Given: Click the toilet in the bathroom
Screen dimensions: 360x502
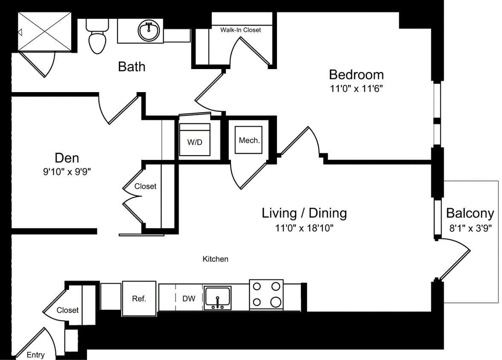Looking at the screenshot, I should (x=97, y=38).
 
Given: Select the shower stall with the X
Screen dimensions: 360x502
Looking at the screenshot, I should (x=45, y=32).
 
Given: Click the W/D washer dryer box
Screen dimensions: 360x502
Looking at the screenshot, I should (x=195, y=140).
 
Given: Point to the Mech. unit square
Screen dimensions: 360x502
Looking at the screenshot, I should (x=249, y=140).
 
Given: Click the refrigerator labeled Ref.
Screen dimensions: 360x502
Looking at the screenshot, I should (x=139, y=299).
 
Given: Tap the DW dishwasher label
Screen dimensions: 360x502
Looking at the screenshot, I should (x=189, y=299).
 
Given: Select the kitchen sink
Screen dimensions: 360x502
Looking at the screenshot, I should (x=217, y=297).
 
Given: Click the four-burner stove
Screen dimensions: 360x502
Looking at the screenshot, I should (x=266, y=295).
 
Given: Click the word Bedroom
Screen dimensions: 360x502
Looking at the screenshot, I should (x=356, y=75).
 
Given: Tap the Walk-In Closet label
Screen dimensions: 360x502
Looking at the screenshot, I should (x=240, y=30).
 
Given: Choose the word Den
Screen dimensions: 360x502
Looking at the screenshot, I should (x=67, y=158).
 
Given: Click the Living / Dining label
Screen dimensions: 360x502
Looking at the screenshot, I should (x=304, y=213).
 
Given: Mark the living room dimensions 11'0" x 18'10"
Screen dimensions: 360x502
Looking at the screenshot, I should (x=304, y=228).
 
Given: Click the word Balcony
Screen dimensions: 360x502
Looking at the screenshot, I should (x=470, y=213).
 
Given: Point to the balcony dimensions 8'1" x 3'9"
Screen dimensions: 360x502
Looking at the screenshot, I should (x=470, y=228).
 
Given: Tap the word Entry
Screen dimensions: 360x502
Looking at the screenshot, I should (x=35, y=355).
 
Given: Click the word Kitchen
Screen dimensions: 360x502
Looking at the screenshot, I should (x=215, y=259).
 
